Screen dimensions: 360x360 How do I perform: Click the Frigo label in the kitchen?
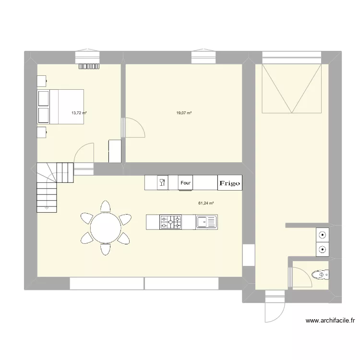pyautogui.click(x=230, y=183)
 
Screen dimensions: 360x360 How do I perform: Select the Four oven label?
pyautogui.click(x=186, y=182)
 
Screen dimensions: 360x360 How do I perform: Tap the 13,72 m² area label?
pyautogui.click(x=79, y=113)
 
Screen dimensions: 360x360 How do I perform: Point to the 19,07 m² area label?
pyautogui.click(x=184, y=113)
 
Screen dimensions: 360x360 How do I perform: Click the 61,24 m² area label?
pyautogui.click(x=206, y=203)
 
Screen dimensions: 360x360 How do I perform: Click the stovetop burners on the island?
pyautogui.click(x=171, y=222)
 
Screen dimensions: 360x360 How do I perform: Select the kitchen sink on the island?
pyautogui.click(x=206, y=222)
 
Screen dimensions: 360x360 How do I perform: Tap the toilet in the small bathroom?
pyautogui.click(x=320, y=275)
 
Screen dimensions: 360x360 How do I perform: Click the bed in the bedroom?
pyautogui.click(x=60, y=107)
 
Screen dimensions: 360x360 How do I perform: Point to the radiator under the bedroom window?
pyautogui.click(x=89, y=67)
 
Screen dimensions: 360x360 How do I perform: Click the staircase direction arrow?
pyautogui.click(x=47, y=208)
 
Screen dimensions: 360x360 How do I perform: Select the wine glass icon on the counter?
pyautogui.click(x=162, y=182)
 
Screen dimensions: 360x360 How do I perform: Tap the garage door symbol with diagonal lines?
pyautogui.click(x=291, y=88)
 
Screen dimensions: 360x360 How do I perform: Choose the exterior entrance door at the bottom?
pyautogui.click(x=274, y=308)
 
